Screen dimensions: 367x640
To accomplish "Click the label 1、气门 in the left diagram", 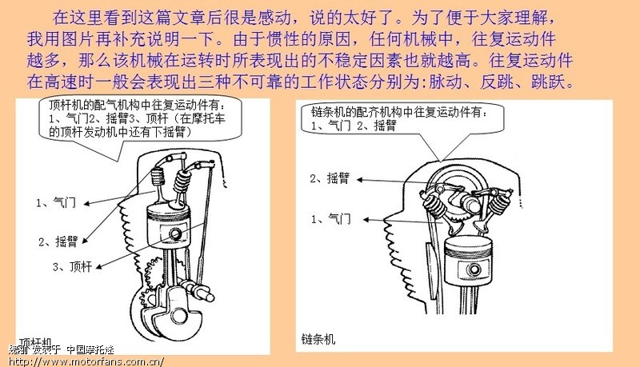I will coord(56,203).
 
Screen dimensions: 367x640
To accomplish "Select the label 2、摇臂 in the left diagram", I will coord(58,241).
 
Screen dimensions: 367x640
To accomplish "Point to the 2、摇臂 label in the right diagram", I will coord(329,178).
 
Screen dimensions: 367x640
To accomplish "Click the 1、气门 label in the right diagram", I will coord(330,218).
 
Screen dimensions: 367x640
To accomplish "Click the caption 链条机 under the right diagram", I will coord(318,339).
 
